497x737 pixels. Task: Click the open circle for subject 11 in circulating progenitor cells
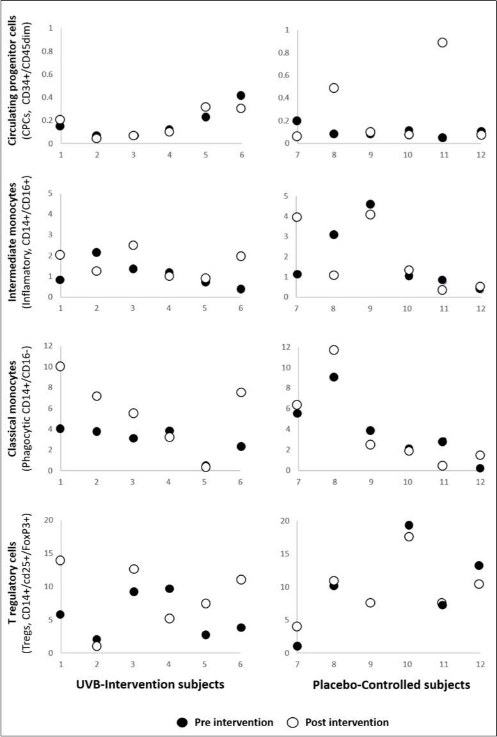pos(442,42)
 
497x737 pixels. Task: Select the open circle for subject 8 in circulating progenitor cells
pos(333,88)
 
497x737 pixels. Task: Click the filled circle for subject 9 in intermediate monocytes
pos(370,204)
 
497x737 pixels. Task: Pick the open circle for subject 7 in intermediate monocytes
pos(297,217)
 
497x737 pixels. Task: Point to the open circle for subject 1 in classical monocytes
pos(60,366)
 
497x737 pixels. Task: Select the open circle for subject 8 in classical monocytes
pos(333,349)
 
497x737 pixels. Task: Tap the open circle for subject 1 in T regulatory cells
pos(60,560)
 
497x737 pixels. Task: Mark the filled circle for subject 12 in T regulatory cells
pos(478,565)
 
